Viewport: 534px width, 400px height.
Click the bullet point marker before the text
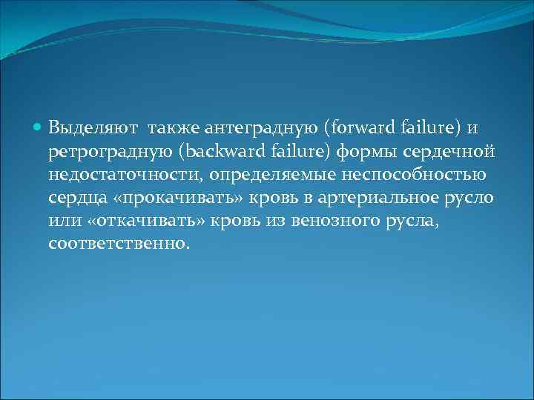click(39, 127)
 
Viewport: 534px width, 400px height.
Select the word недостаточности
click(125, 176)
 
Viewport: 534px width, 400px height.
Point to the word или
click(62, 221)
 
